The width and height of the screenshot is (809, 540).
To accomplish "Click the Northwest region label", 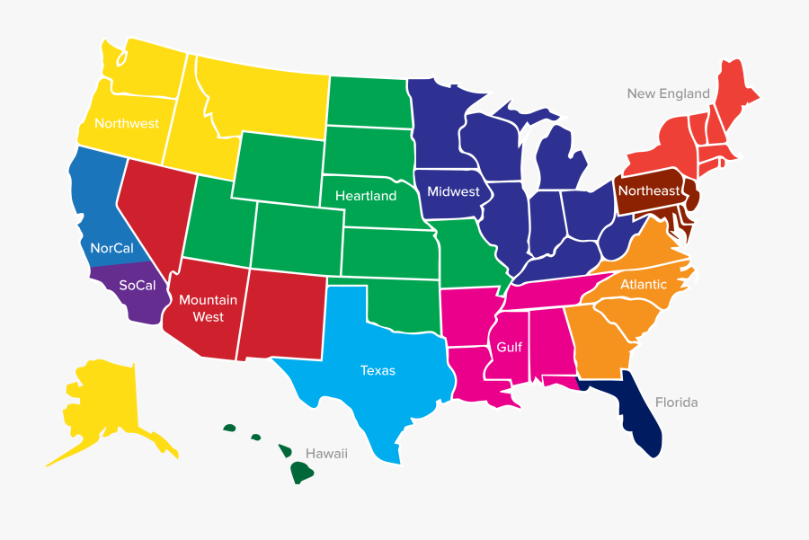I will coord(126,123).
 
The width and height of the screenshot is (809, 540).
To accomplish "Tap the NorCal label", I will coord(111,248).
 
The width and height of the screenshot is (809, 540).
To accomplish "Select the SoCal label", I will coord(138,286).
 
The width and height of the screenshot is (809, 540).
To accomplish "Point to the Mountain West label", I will coord(208,308).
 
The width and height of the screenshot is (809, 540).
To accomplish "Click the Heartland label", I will coord(366,196).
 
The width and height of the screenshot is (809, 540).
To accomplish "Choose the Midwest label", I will coord(453,191).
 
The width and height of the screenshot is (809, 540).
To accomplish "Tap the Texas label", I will coord(378,370).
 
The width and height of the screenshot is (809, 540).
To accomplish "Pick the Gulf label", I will coord(509,347).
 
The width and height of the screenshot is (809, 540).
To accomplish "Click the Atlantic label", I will coord(644,285).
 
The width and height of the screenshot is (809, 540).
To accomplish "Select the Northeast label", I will coord(648,191).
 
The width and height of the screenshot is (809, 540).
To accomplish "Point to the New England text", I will coord(668,93).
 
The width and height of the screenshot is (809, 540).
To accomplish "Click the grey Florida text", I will coord(676,403).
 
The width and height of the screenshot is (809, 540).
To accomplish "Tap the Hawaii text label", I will coord(326,454).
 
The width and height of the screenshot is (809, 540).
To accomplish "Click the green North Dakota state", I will coord(369,102).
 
